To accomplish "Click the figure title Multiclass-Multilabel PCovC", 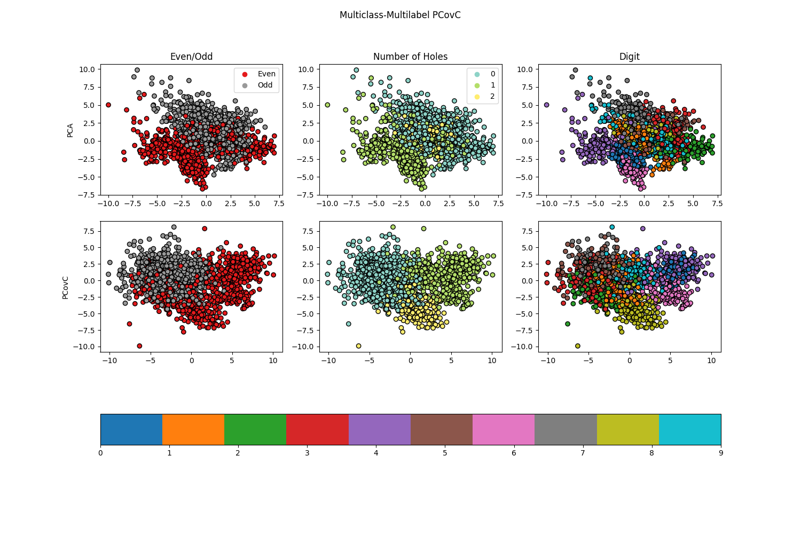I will [400, 15].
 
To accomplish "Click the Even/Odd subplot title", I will [191, 57].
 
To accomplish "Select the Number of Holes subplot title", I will [410, 57].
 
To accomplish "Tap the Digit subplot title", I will [629, 57].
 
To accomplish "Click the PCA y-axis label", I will [70, 130].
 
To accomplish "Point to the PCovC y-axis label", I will [65, 287].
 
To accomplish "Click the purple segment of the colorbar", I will [379, 429].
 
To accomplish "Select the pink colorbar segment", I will [504, 429].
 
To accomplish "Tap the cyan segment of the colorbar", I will [689, 429].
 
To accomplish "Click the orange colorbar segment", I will [193, 429].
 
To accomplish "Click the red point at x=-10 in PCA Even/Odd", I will [108, 105].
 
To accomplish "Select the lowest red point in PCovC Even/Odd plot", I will [139, 346].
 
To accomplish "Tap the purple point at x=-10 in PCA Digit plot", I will [546, 105].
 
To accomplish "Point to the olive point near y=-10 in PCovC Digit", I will [577, 346].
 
